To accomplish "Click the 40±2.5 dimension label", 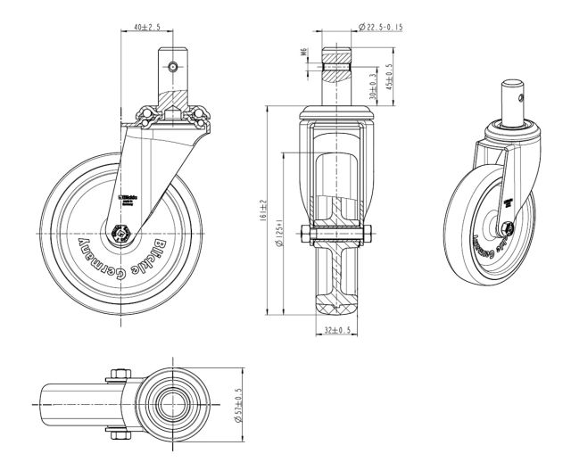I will tap(146, 28).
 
